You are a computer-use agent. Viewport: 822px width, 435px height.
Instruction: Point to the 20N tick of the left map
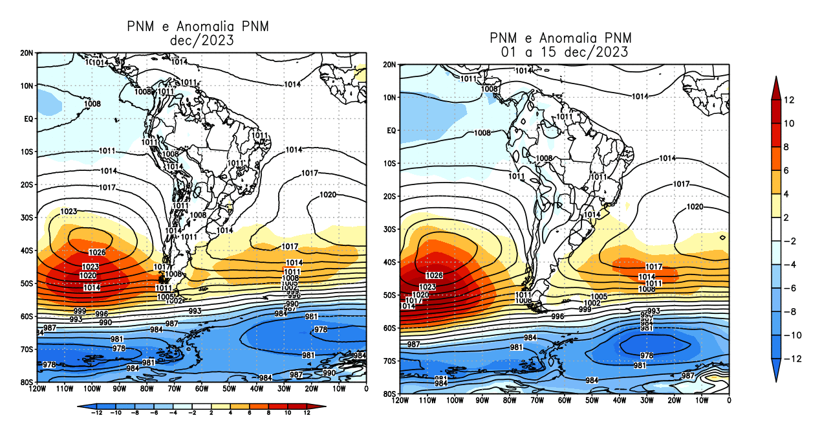tap(27, 52)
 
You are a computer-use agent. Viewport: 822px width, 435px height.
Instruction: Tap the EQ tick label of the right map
tap(390, 130)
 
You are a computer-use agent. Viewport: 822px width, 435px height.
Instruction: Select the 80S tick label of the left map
tap(27, 382)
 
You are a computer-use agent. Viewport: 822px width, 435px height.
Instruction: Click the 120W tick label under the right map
tap(400, 401)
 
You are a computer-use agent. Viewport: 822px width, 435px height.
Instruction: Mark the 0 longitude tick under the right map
tap(729, 401)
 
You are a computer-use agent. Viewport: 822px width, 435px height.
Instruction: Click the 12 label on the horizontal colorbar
tap(307, 413)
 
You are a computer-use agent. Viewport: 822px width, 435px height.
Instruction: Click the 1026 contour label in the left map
tap(96, 252)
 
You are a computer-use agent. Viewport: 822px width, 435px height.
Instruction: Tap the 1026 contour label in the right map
tap(434, 276)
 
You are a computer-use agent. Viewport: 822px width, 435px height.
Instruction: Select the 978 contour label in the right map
tap(646, 355)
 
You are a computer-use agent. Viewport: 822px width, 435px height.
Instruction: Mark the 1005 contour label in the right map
tap(599, 296)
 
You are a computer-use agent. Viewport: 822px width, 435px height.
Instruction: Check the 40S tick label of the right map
tap(389, 262)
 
